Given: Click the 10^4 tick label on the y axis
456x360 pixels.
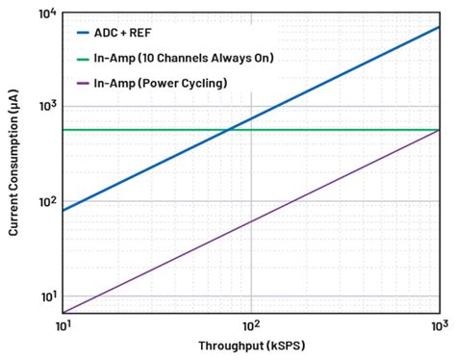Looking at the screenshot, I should (x=44, y=13).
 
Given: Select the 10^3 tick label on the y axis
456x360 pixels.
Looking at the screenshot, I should (x=44, y=106).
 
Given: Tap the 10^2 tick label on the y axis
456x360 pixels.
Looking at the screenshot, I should (x=44, y=201).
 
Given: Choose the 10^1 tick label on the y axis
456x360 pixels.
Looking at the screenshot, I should (x=44, y=296).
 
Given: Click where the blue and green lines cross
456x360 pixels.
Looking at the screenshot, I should (x=227, y=130).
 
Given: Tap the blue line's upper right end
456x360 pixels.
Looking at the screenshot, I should (x=440, y=26).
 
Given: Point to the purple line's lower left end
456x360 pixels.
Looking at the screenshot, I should (x=63, y=313).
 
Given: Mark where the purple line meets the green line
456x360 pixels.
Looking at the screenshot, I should (x=440, y=130).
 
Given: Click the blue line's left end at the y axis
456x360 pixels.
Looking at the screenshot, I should (x=63, y=211).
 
